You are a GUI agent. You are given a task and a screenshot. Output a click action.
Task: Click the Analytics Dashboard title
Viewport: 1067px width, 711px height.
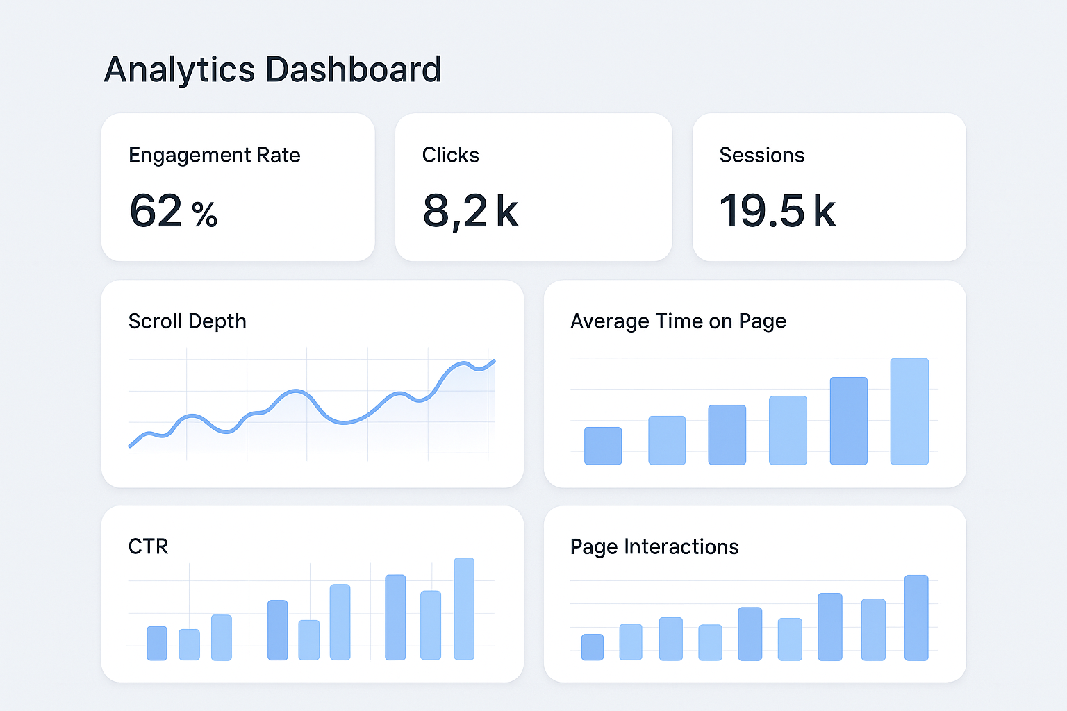point(272,69)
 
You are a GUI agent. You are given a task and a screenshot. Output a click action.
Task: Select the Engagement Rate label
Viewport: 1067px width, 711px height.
point(214,155)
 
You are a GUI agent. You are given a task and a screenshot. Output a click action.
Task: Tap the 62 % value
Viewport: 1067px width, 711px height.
point(173,211)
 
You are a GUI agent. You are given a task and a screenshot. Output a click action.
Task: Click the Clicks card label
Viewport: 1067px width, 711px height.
point(450,155)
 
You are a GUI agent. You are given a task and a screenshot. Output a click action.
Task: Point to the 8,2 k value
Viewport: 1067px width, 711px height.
point(470,211)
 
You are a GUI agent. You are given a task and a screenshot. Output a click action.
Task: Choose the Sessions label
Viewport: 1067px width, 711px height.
point(761,155)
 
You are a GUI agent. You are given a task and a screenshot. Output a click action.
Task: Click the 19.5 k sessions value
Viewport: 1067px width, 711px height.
point(777,211)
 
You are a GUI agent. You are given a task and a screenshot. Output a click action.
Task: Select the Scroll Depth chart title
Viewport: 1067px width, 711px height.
point(187,321)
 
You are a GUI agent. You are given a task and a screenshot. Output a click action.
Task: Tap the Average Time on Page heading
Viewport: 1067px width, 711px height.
point(678,321)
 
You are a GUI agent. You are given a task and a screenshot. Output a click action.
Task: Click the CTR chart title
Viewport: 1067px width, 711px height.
point(148,546)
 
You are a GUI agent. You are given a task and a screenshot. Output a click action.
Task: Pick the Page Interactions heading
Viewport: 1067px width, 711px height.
point(654,547)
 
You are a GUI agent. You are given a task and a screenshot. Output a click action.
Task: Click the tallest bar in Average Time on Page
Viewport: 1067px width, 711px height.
point(909,411)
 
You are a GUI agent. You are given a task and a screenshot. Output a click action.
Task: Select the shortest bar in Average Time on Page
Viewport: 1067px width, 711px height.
point(602,446)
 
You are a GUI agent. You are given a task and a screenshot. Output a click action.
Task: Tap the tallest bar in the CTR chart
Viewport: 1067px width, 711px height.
point(463,608)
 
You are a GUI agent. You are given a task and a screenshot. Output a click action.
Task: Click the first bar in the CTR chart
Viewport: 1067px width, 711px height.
point(156,643)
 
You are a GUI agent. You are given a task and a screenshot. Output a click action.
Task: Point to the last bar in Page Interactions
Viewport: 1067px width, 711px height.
point(916,617)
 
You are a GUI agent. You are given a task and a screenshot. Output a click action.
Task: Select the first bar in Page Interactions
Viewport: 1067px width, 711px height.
point(592,646)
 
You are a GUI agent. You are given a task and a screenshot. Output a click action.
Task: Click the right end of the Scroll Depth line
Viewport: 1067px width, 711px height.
point(493,361)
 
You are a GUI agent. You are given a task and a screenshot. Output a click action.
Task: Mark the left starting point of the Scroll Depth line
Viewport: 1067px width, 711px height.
point(131,446)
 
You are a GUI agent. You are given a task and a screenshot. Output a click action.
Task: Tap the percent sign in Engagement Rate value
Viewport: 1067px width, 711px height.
point(204,215)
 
